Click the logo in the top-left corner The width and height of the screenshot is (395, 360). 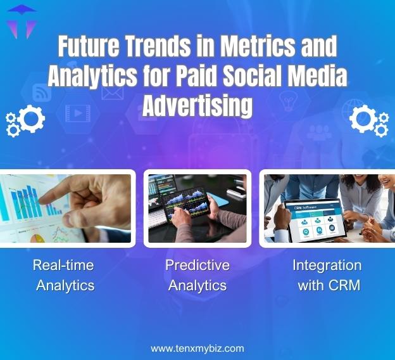[22, 21]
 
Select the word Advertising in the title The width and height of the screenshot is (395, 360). [197, 105]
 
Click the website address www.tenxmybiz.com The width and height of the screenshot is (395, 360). [197, 349]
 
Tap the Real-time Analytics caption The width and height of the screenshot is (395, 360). [64, 275]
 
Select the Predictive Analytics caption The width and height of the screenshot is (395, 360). [197, 275]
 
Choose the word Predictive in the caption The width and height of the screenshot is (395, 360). [197, 265]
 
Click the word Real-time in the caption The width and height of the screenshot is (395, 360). [63, 265]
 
